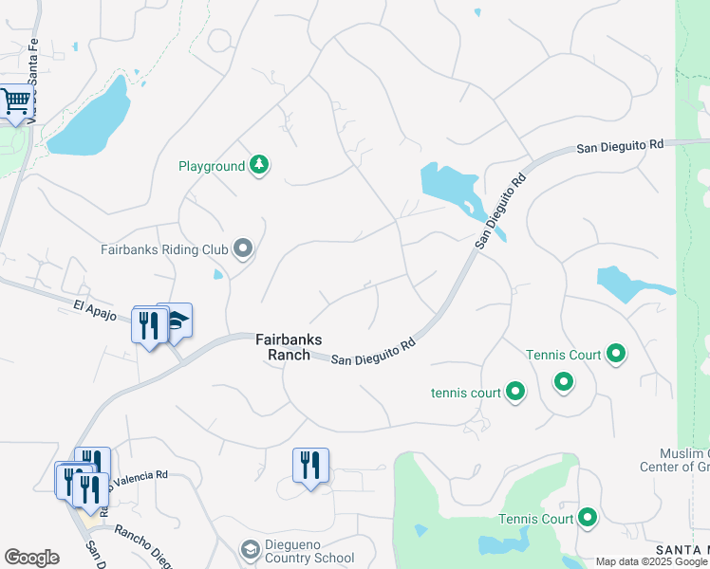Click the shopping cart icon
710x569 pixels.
(x=16, y=101)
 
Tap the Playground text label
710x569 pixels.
(x=212, y=167)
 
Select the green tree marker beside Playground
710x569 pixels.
(x=259, y=166)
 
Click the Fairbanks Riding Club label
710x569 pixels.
(x=165, y=250)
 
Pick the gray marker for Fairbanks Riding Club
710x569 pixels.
(x=244, y=249)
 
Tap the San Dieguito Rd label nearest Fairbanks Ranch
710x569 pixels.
(x=373, y=352)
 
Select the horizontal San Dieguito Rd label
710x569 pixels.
(x=620, y=147)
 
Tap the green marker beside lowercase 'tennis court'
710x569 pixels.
(x=515, y=391)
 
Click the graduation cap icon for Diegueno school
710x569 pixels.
(x=250, y=550)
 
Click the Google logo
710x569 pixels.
(x=31, y=558)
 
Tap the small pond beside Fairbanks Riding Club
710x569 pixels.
(x=218, y=276)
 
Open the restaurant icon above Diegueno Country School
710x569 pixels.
(x=310, y=466)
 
